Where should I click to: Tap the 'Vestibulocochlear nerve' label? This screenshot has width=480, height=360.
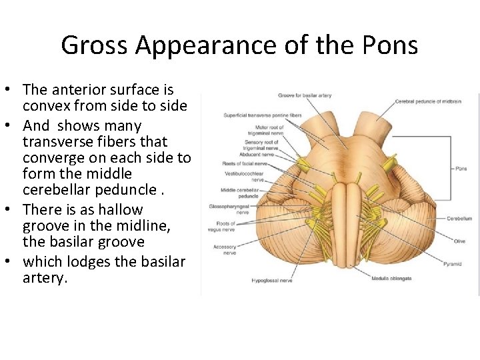(x=245, y=176)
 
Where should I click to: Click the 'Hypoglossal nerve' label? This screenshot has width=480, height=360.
(x=273, y=281)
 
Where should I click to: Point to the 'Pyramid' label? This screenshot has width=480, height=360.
(x=451, y=264)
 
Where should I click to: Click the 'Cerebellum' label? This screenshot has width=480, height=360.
(x=459, y=218)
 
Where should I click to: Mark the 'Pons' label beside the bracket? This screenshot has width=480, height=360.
(x=461, y=169)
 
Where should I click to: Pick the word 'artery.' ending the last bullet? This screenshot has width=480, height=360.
(x=45, y=278)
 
